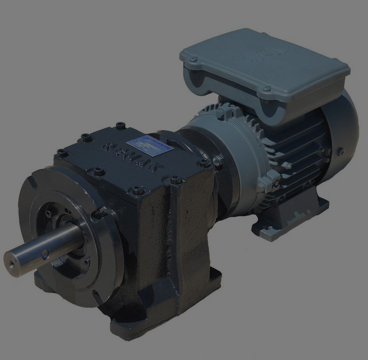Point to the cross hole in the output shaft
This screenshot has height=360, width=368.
[45, 253]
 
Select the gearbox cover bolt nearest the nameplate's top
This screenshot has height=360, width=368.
[119, 126]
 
